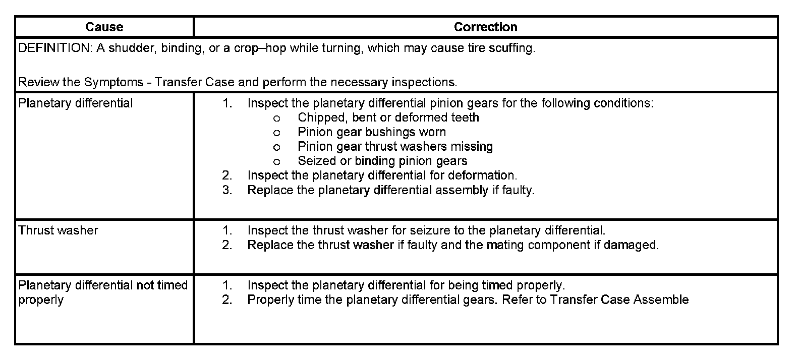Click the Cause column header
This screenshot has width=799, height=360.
click(x=104, y=27)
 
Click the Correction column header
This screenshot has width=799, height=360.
click(x=485, y=27)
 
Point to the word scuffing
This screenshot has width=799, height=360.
click(x=510, y=48)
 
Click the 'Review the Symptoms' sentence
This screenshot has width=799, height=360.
click(x=237, y=82)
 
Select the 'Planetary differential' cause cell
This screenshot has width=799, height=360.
click(x=76, y=103)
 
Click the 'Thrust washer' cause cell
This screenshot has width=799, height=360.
click(x=58, y=230)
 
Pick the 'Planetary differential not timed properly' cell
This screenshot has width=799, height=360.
click(x=103, y=292)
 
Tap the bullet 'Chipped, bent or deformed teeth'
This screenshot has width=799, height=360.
click(x=388, y=118)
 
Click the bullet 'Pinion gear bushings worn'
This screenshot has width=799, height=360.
click(x=371, y=132)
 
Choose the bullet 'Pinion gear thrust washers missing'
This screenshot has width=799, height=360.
click(x=395, y=147)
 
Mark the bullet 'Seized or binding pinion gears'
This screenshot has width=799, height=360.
click(x=382, y=161)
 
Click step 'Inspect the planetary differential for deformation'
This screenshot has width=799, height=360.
click(x=382, y=175)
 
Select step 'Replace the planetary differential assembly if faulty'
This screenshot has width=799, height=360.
click(x=390, y=190)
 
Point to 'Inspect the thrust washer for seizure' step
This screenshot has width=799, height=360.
click(x=426, y=230)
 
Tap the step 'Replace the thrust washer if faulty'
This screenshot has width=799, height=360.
click(x=452, y=245)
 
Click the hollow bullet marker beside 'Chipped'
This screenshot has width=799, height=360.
click(x=276, y=118)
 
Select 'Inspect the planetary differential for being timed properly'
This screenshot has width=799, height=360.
click(x=406, y=285)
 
